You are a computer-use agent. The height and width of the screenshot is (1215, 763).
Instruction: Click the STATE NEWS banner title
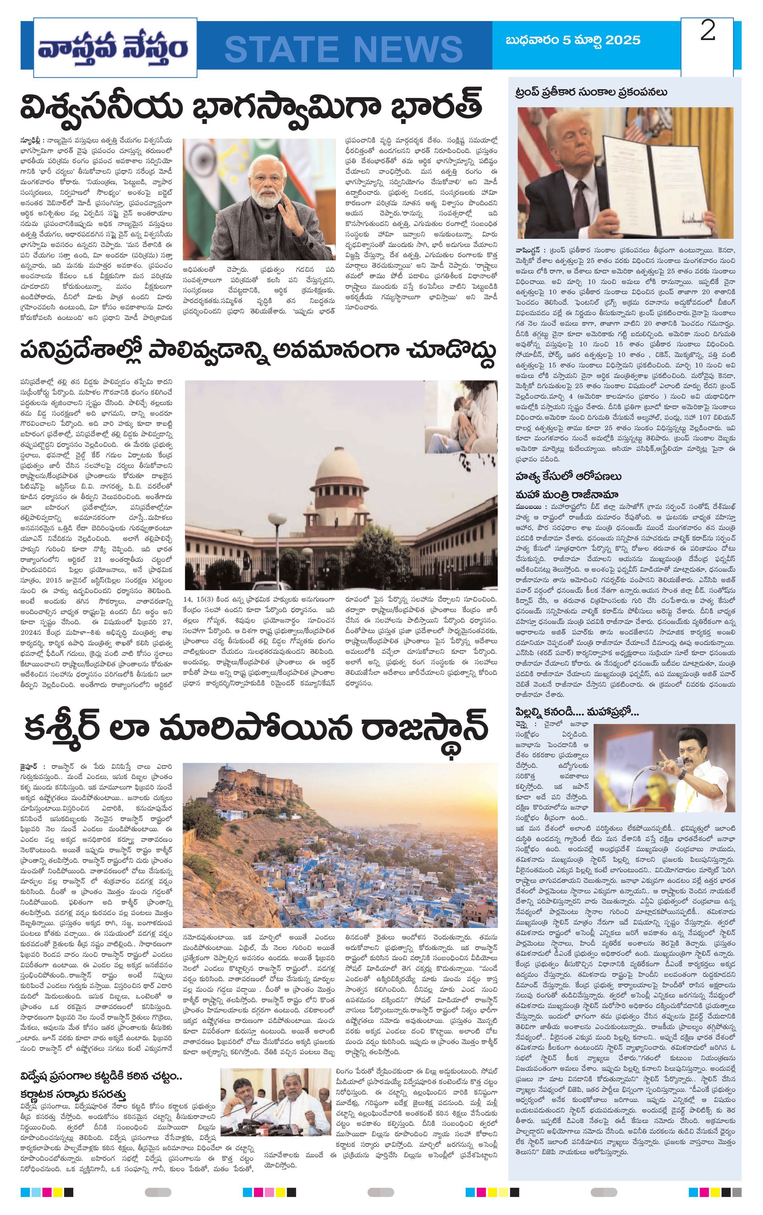[x=344, y=49]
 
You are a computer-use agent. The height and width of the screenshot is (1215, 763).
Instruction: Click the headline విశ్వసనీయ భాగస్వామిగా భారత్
[x=251, y=107]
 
